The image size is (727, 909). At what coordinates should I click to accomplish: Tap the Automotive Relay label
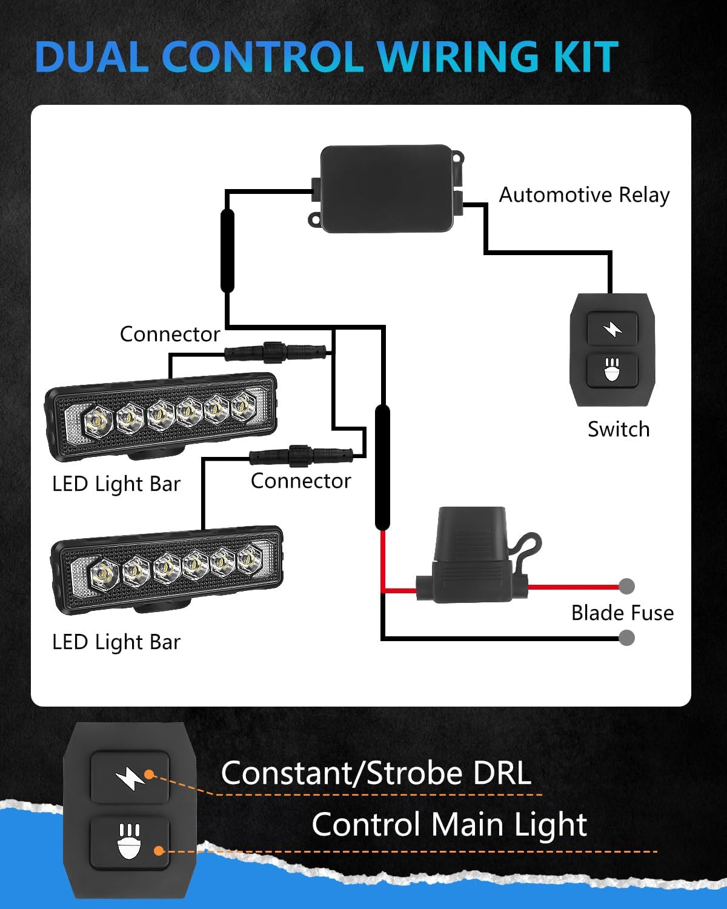[x=584, y=195]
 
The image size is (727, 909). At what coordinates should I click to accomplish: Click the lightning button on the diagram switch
[x=612, y=329]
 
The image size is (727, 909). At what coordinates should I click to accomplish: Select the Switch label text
[x=619, y=429]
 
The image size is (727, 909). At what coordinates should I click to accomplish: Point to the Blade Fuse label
[x=622, y=613]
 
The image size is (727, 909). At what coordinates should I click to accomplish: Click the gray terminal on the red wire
[x=627, y=586]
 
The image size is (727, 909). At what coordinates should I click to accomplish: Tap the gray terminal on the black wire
[x=627, y=638]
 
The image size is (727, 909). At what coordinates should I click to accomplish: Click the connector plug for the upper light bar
[x=276, y=351]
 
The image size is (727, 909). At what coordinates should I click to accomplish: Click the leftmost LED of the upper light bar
[x=97, y=419]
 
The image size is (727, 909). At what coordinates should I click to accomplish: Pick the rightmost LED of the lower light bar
[x=249, y=560]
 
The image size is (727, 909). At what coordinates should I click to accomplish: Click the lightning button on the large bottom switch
[x=130, y=777]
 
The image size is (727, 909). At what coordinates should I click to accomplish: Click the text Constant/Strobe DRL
[x=376, y=773]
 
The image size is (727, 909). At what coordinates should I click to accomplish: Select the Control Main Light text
[x=449, y=825]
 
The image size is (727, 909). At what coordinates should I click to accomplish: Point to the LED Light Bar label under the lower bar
[x=116, y=642]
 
